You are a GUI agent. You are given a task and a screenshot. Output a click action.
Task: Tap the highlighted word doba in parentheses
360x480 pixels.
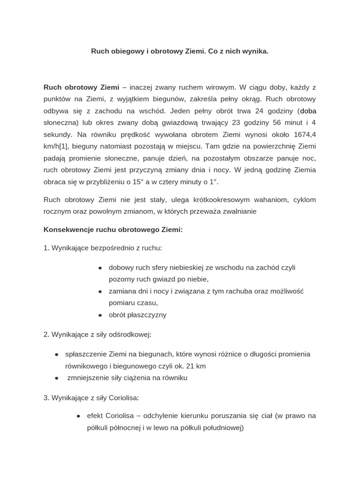click(308, 111)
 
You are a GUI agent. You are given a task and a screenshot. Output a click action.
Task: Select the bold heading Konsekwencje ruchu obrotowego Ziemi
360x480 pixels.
click(113, 230)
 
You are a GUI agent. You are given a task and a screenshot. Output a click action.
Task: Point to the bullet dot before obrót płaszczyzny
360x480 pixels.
click(100, 315)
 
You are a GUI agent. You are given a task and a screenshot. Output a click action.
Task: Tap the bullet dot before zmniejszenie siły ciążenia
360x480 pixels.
click(57, 378)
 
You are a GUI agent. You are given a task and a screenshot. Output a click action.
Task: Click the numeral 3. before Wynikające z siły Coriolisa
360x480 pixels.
click(46, 397)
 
